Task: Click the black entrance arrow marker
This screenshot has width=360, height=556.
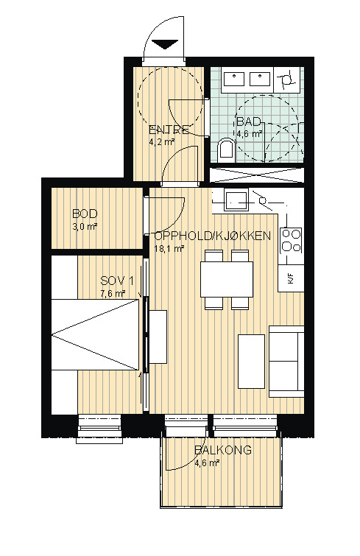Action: [165, 45]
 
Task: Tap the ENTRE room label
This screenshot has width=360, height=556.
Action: [169, 130]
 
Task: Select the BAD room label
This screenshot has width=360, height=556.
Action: [249, 122]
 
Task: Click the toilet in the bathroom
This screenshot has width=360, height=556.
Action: [226, 149]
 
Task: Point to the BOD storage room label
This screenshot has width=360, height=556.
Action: [85, 214]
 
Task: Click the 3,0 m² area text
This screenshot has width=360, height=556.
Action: [85, 227]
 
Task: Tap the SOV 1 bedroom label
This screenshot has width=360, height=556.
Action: [117, 281]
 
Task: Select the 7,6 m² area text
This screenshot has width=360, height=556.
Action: [113, 294]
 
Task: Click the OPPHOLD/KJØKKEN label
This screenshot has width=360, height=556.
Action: [213, 236]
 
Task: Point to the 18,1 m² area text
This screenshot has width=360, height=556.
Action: [169, 249]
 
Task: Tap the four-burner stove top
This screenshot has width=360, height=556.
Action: [291, 241]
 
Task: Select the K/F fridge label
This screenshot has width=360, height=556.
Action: [291, 278]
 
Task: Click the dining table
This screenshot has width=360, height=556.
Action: [227, 279]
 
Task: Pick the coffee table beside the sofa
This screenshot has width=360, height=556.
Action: [251, 362]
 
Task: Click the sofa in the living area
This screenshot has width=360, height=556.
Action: [286, 362]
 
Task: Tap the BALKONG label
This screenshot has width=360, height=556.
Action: [223, 450]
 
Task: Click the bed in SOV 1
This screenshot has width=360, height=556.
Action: [95, 335]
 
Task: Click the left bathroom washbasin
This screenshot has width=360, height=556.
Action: [234, 79]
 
